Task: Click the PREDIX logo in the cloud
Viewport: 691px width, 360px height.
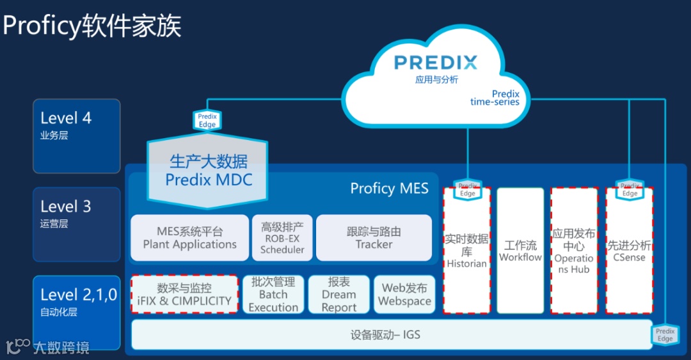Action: pyautogui.click(x=436, y=63)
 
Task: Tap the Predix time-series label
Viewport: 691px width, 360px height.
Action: pyautogui.click(x=495, y=98)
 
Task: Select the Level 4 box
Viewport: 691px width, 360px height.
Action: pyautogui.click(x=77, y=136)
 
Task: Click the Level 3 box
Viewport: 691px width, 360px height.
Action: pyautogui.click(x=77, y=224)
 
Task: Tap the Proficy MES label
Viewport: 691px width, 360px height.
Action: pyautogui.click(x=389, y=188)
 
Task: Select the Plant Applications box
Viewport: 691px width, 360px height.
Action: pyautogui.click(x=189, y=238)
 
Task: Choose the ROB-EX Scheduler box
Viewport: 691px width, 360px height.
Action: pyautogui.click(x=282, y=238)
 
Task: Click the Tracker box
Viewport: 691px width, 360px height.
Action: pyautogui.click(x=374, y=238)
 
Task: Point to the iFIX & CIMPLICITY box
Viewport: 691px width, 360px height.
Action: pyautogui.click(x=184, y=294)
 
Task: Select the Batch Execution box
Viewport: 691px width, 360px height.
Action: pyautogui.click(x=273, y=294)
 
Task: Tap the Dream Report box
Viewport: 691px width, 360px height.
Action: pyautogui.click(x=338, y=294)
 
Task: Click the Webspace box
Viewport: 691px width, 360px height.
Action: pyautogui.click(x=404, y=294)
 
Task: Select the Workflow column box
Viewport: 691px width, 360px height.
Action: pyautogui.click(x=520, y=251)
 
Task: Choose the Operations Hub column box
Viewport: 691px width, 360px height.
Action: pyautogui.click(x=574, y=251)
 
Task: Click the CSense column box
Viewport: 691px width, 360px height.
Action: pyautogui.click(x=629, y=251)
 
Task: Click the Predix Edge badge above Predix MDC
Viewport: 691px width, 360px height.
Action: pyautogui.click(x=207, y=120)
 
